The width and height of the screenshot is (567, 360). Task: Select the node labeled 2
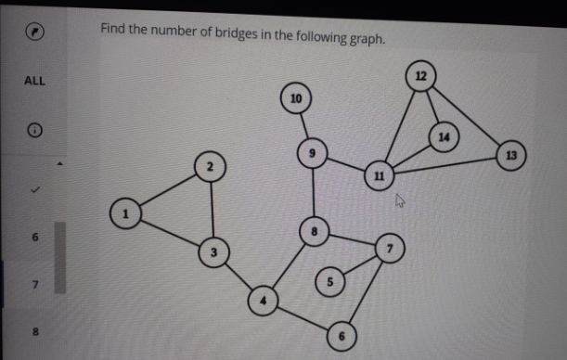tap(211, 166)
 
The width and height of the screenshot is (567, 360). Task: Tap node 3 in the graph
tap(213, 251)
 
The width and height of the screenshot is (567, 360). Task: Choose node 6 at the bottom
tap(342, 336)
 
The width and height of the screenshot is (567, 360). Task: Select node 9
tap(313, 153)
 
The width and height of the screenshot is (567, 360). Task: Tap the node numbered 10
tap(296, 97)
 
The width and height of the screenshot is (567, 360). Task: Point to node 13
tap(511, 154)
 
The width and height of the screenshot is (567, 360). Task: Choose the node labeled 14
tap(444, 136)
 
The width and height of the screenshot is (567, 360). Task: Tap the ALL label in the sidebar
tap(34, 81)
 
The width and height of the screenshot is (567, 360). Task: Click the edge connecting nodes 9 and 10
tap(304, 125)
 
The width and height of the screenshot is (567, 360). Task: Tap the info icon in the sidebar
tap(33, 133)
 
